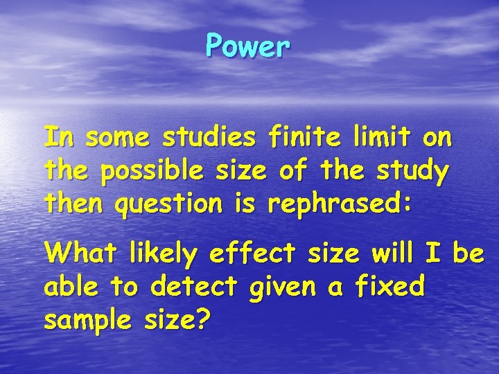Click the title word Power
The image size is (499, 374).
(x=247, y=47)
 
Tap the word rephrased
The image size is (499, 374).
(x=337, y=203)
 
